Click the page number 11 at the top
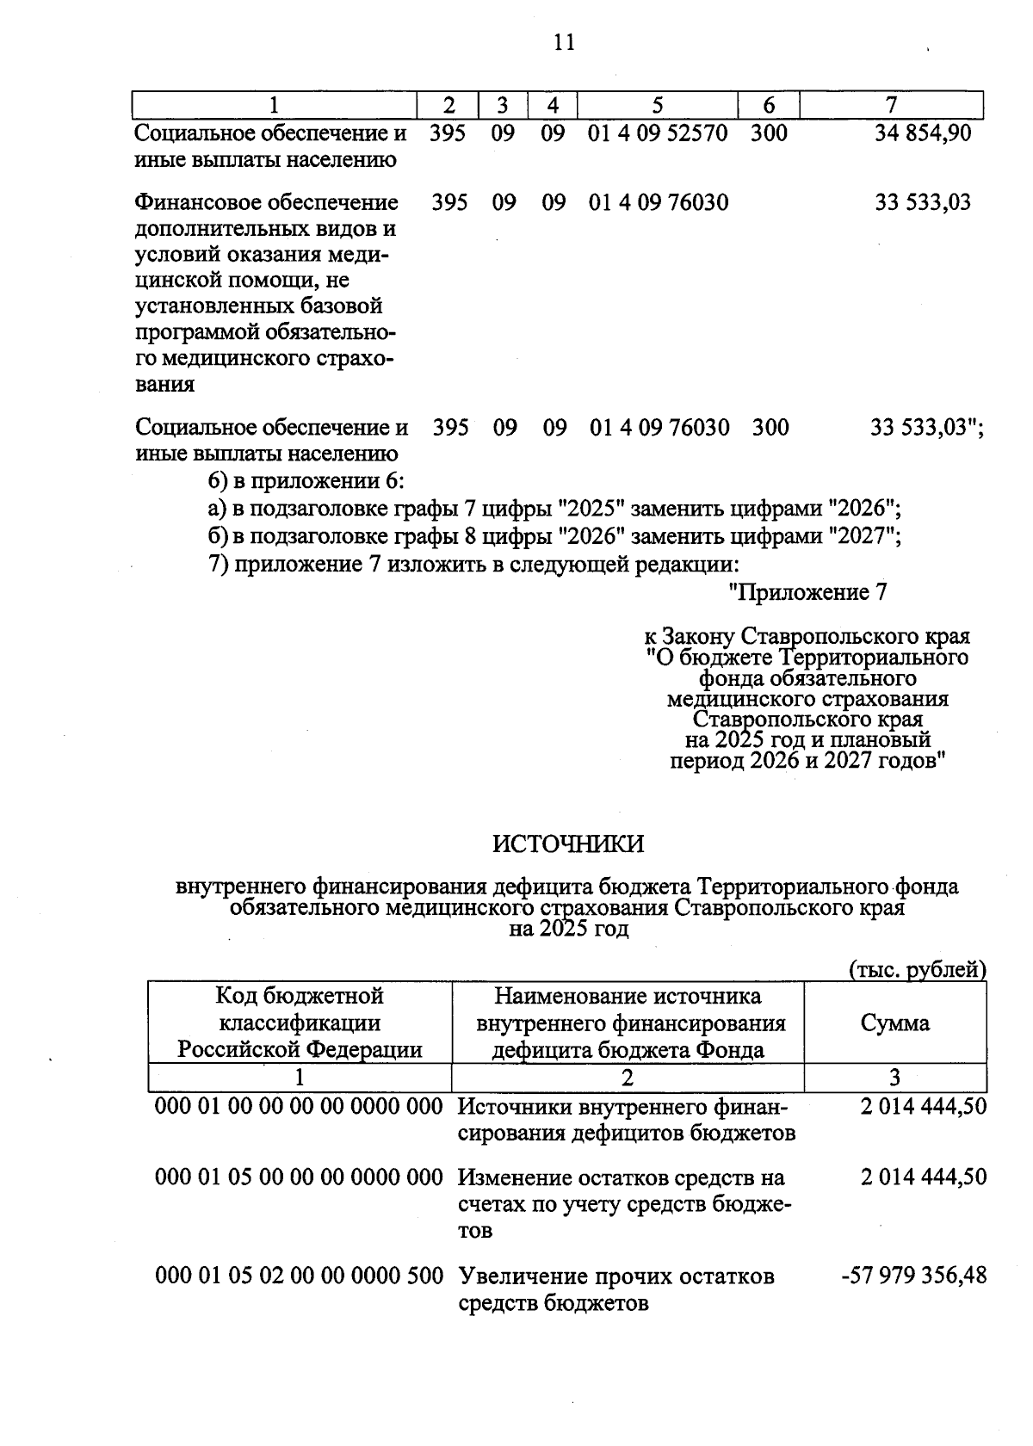[564, 42]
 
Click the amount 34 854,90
[922, 133]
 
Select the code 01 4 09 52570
[658, 133]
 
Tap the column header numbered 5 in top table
[658, 105]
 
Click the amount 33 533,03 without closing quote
[922, 202]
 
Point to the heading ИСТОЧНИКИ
[568, 843]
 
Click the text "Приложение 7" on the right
[807, 592]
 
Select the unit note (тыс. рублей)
[917, 969]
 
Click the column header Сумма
[894, 1023]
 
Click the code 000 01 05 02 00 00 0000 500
[299, 1276]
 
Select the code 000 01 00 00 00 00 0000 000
[299, 1106]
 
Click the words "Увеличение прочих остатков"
[615, 1276]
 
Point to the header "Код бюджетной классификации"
[300, 1009]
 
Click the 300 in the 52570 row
[769, 133]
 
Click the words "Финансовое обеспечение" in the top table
[268, 202]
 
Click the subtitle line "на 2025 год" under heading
[568, 930]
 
